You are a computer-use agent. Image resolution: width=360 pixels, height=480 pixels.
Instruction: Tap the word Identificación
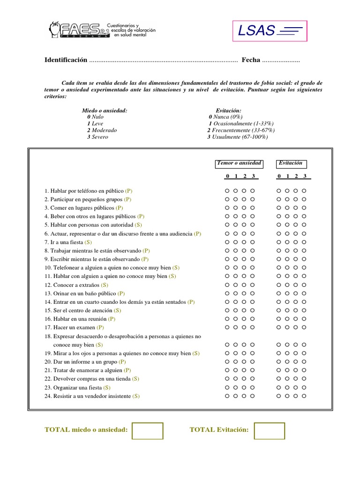click(x=66, y=60)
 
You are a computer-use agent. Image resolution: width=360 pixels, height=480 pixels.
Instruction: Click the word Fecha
click(x=251, y=60)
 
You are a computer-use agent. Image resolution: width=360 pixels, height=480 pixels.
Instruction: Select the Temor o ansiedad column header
click(x=239, y=163)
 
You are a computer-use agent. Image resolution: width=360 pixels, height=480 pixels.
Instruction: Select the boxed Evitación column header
click(x=291, y=163)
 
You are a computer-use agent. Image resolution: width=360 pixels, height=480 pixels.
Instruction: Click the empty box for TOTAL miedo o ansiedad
click(x=147, y=431)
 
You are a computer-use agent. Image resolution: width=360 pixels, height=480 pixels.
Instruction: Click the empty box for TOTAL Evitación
click(x=269, y=431)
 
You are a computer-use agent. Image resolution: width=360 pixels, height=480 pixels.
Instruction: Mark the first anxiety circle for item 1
click(x=227, y=191)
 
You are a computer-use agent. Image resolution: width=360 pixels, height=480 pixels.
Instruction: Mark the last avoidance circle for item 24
click(x=304, y=396)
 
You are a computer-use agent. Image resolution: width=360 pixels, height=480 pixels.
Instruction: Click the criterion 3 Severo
click(x=97, y=137)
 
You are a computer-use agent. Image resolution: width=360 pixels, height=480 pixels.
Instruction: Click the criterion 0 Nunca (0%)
click(x=226, y=117)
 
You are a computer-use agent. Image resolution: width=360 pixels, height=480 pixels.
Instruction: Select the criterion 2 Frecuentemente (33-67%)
click(x=241, y=130)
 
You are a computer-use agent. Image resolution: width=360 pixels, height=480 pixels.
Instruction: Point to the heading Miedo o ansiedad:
click(x=105, y=110)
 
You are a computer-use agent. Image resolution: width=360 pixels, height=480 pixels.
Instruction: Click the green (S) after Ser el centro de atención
click(x=117, y=310)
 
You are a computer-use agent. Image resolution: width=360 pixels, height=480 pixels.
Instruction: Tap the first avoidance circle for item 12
click(x=278, y=285)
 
